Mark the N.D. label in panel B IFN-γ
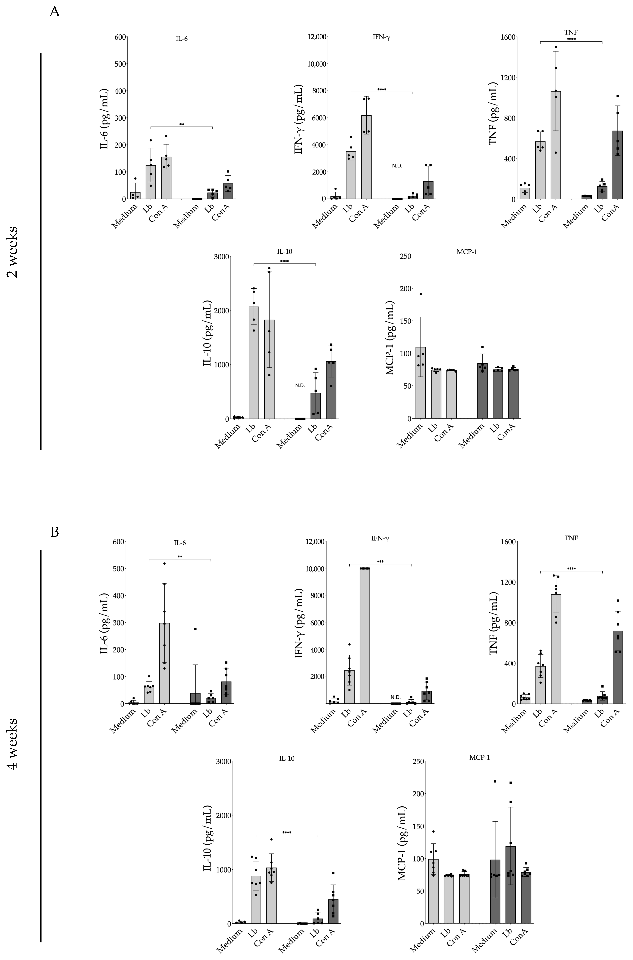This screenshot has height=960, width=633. (396, 697)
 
